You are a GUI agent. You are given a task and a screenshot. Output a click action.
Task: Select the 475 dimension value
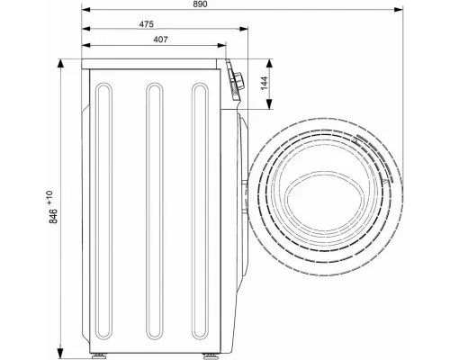pos(147,24)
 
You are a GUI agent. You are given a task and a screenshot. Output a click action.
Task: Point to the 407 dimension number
pos(161,40)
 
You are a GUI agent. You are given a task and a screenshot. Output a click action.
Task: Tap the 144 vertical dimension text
pos(264,84)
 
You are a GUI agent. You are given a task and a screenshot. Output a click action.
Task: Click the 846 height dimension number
pos(53,216)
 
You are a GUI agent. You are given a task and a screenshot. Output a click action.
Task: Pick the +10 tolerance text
pos(49,197)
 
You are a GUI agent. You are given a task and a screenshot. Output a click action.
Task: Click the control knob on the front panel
pos(239,81)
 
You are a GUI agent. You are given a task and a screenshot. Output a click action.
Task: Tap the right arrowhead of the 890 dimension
pos(399,10)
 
